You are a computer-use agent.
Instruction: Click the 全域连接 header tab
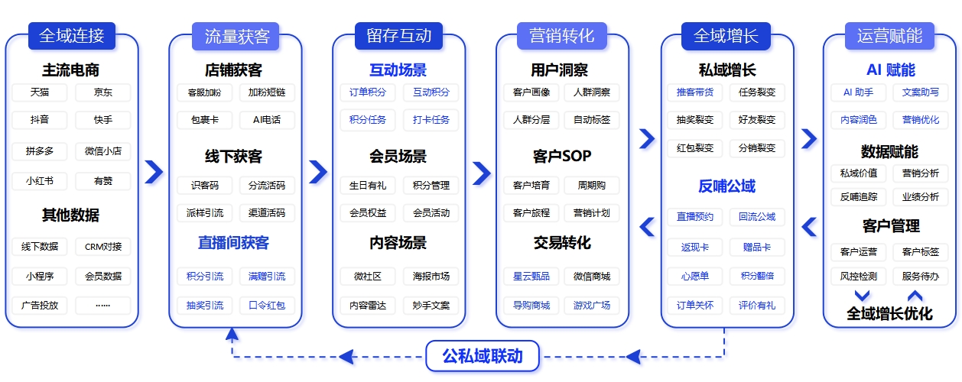pyautogui.click(x=72, y=36)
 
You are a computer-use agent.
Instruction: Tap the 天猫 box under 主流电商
pyautogui.click(x=40, y=92)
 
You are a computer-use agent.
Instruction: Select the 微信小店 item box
pyautogui.click(x=103, y=151)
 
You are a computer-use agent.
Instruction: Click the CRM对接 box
pyautogui.click(x=103, y=247)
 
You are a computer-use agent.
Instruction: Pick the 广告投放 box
pyautogui.click(x=40, y=306)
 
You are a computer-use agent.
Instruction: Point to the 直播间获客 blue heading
pyautogui.click(x=233, y=243)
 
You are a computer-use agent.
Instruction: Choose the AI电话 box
pyautogui.click(x=267, y=120)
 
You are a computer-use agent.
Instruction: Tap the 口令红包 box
pyautogui.click(x=267, y=306)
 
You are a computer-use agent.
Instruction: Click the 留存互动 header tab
pyautogui.click(x=398, y=36)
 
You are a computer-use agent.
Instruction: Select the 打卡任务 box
pyautogui.click(x=431, y=120)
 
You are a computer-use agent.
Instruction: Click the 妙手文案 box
pyautogui.click(x=431, y=306)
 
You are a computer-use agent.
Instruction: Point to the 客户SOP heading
pyautogui.click(x=562, y=156)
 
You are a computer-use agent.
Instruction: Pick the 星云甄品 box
pyautogui.click(x=531, y=277)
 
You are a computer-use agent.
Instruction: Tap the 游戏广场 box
pyautogui.click(x=591, y=306)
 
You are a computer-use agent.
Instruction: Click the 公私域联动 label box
pyautogui.click(x=483, y=356)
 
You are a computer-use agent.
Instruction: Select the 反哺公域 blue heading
pyautogui.click(x=726, y=186)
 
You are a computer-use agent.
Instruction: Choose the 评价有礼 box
pyautogui.click(x=757, y=306)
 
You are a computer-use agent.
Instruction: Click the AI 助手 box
pyautogui.click(x=858, y=92)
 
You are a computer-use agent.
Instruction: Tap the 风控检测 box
pyautogui.click(x=858, y=277)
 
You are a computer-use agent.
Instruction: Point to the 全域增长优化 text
pyautogui.click(x=889, y=314)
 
